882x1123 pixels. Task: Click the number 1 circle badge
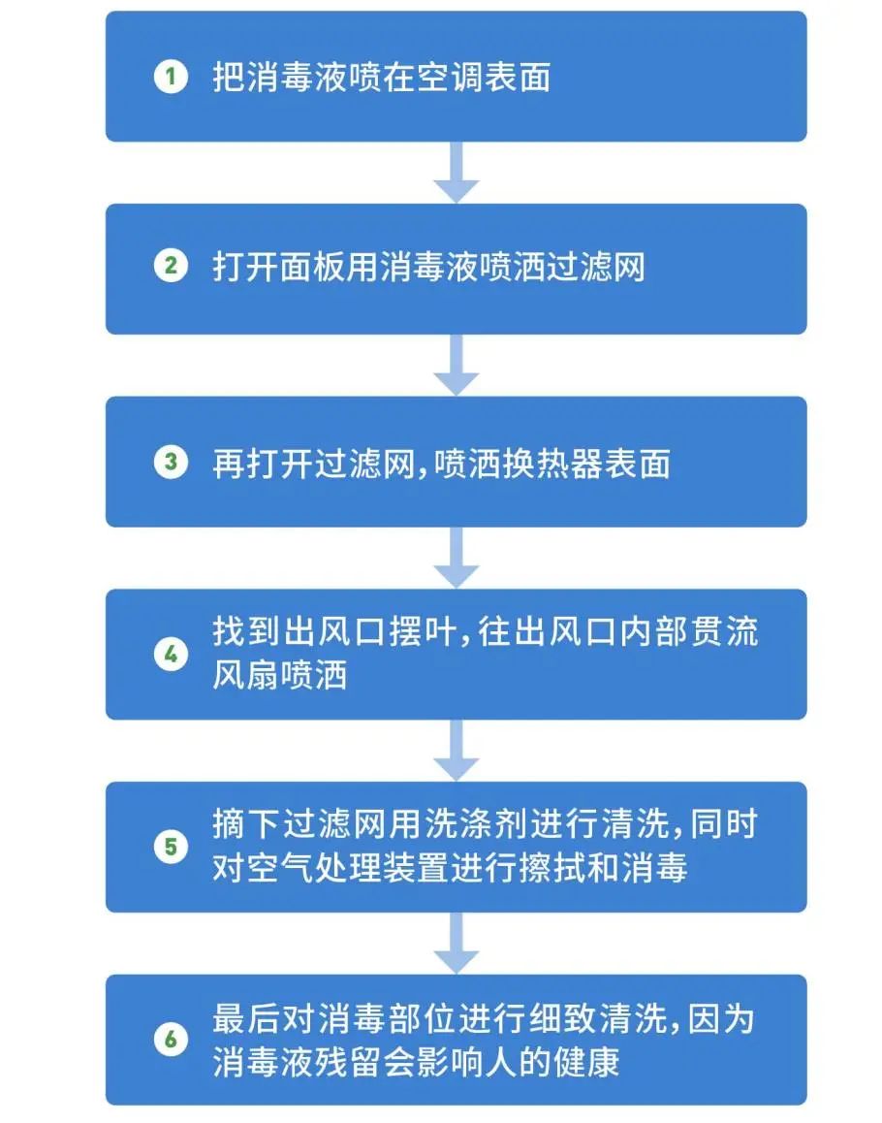171,76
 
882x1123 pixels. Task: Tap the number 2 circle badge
171,266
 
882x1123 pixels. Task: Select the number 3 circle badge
171,462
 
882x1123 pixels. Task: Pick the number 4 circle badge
171,654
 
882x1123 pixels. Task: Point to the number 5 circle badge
171,847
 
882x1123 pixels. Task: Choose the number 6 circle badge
171,1040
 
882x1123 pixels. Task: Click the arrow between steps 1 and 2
457,172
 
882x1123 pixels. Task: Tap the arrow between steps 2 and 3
457,365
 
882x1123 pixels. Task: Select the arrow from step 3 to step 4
457,558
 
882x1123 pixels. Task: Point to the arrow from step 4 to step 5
457,750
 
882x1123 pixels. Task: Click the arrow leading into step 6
457,943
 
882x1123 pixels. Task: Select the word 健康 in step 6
586,1061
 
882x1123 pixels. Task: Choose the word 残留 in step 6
349,1061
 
